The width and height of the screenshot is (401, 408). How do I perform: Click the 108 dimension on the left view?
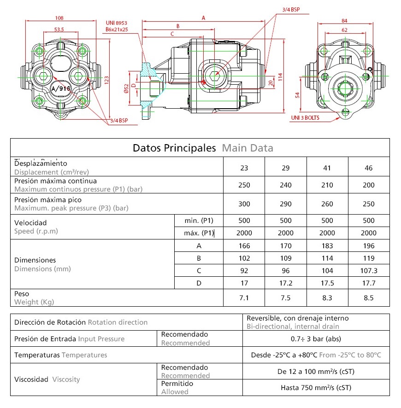59,18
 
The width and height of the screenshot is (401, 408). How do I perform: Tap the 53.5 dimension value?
59,29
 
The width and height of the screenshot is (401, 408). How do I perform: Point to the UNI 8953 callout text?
117,23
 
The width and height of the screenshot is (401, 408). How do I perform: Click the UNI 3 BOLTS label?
305,118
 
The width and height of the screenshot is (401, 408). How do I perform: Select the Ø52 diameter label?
126,88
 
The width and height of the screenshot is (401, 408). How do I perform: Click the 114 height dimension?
280,77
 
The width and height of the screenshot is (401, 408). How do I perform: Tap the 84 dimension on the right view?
344,21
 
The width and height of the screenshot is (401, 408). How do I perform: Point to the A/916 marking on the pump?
61,88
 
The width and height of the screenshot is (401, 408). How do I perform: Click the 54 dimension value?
297,95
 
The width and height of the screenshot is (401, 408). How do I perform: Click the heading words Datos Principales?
174,148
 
